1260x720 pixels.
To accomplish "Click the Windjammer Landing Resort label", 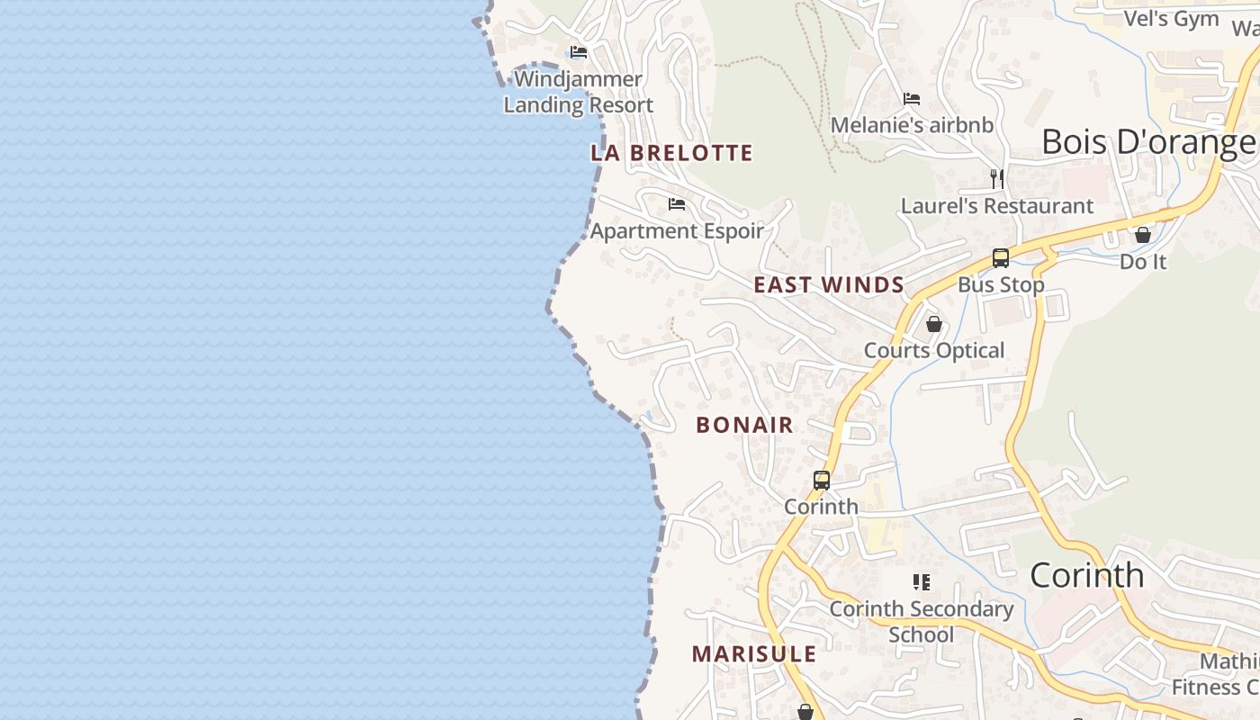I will [578, 92].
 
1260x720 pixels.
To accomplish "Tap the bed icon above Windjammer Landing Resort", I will [579, 52].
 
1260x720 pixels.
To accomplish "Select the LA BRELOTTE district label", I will [671, 153].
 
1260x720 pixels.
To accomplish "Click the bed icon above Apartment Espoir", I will [677, 204].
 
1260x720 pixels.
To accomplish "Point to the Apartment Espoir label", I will [677, 230].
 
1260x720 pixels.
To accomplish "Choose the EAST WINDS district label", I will [829, 285].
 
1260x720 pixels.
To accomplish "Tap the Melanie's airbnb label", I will [912, 125].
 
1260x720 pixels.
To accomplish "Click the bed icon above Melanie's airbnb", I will [912, 98].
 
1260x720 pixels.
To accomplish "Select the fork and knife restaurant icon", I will [997, 178].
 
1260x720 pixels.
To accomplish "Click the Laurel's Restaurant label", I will [997, 206].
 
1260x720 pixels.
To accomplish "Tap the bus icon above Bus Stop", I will [1000, 258].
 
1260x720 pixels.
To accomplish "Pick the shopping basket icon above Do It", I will [1143, 235].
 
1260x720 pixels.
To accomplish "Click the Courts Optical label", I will [934, 350].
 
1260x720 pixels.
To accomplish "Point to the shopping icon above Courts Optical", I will [934, 324].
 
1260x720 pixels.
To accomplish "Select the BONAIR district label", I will [745, 425].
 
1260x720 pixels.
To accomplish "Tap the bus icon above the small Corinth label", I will [822, 481].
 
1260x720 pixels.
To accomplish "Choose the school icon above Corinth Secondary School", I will [921, 582].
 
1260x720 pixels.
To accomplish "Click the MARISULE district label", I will [754, 654].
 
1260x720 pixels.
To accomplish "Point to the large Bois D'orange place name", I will [1148, 142].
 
